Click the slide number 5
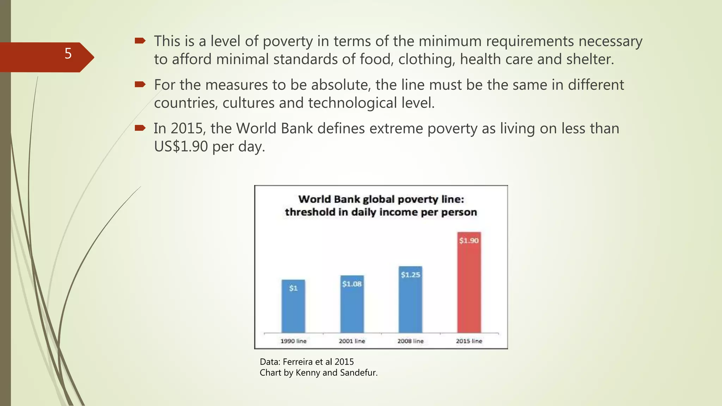coord(68,54)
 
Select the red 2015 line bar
coord(469,285)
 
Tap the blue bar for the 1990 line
coord(293,310)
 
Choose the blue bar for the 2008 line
coord(410,303)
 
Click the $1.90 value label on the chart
coord(469,241)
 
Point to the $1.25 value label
coord(410,275)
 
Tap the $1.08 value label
coord(352,284)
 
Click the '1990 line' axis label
coord(293,341)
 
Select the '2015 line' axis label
coord(469,341)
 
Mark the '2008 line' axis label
coord(410,341)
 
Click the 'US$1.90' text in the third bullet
coord(181,146)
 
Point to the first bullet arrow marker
coord(140,41)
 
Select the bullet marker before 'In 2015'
coord(140,128)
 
